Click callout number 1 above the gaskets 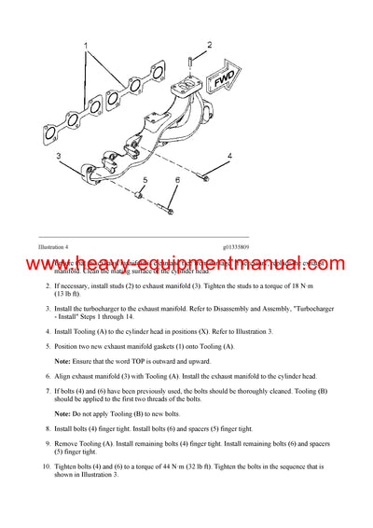(x=86, y=45)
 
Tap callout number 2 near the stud (x=210, y=45)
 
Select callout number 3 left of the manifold (x=58, y=156)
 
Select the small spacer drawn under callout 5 (x=138, y=197)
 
